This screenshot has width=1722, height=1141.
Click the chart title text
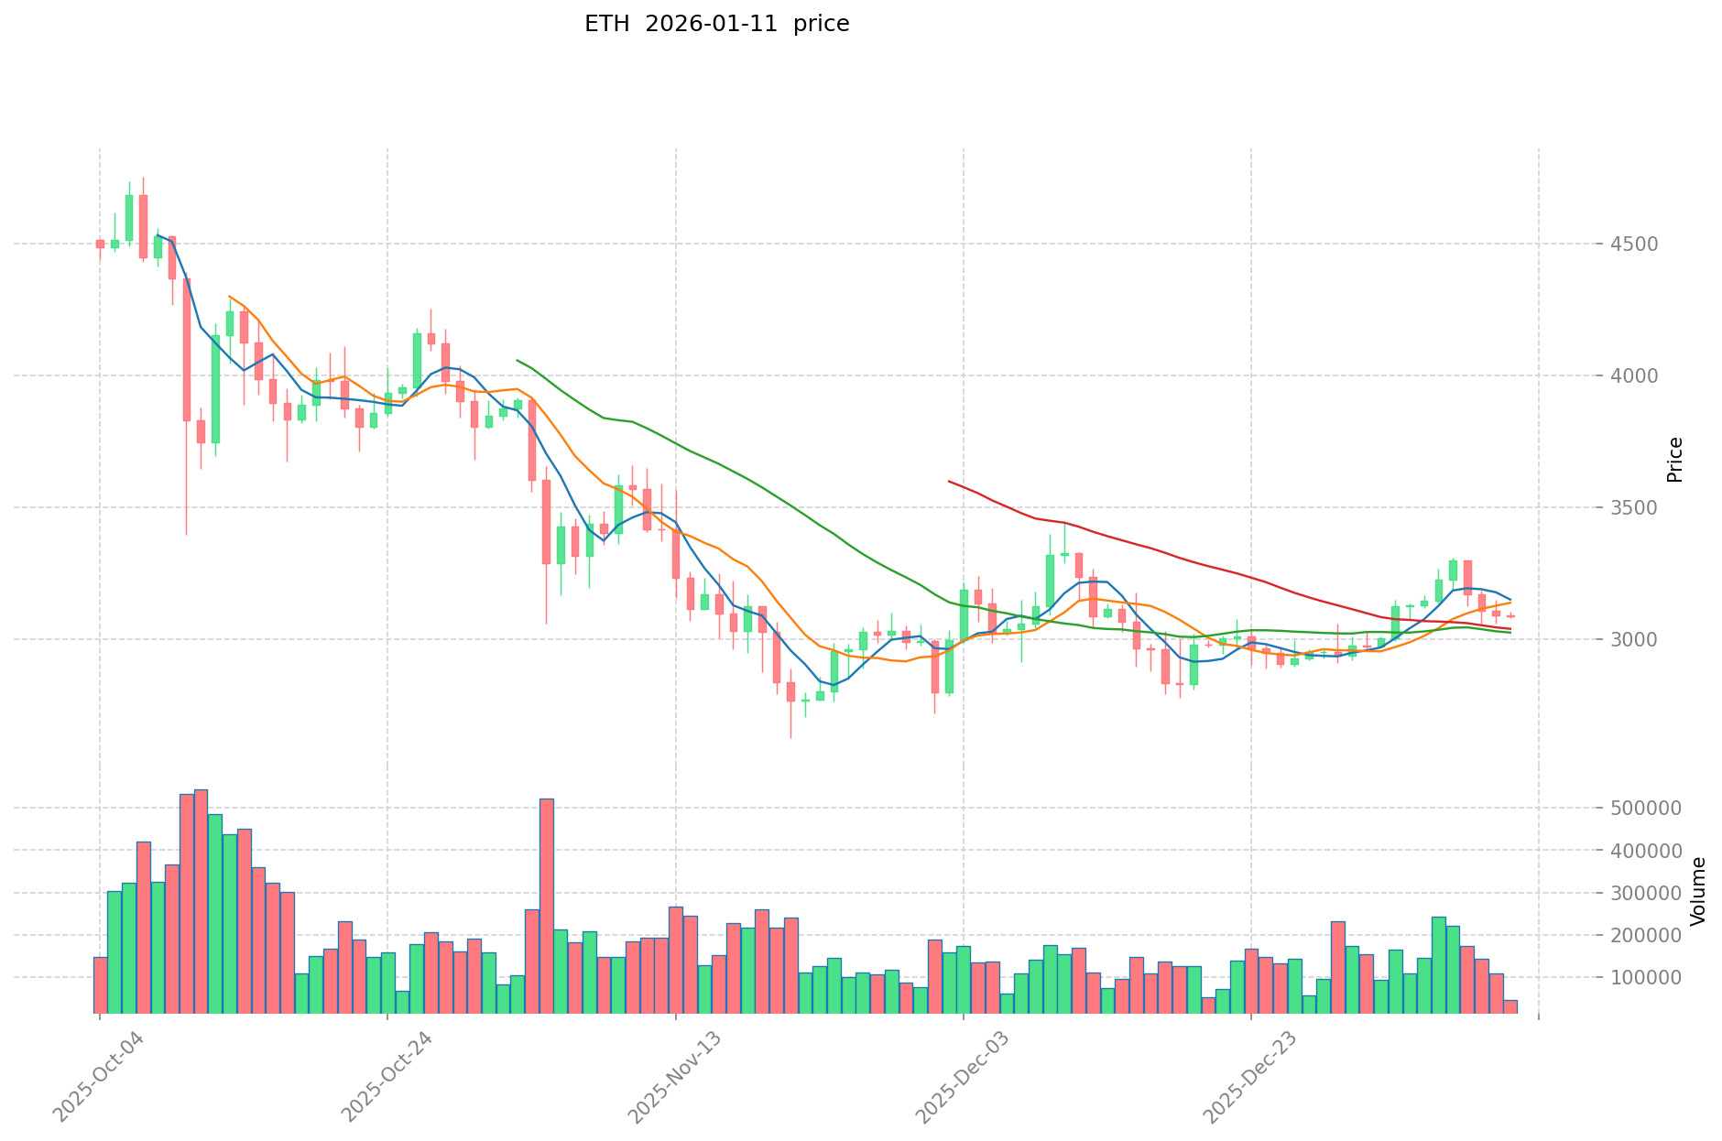[x=716, y=24]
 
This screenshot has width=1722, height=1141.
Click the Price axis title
[x=1675, y=460]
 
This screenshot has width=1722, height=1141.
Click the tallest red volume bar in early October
[x=201, y=902]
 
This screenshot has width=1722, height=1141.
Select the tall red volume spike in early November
[x=546, y=907]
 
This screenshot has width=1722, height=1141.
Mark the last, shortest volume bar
[x=1509, y=1006]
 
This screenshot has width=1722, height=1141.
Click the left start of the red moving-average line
[x=949, y=481]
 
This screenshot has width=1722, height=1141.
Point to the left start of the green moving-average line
[x=518, y=360]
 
